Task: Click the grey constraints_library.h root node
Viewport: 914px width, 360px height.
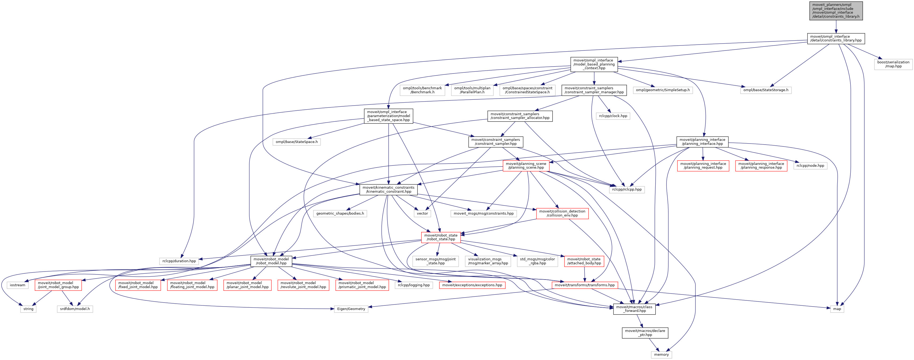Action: click(836, 11)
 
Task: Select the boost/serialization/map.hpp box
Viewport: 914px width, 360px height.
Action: click(893, 64)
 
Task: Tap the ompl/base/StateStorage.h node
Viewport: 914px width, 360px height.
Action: click(766, 90)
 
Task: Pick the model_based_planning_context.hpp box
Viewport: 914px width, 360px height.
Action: click(594, 64)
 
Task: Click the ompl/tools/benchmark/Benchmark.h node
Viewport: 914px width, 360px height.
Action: click(422, 90)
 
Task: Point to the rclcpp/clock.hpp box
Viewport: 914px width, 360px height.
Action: click(613, 116)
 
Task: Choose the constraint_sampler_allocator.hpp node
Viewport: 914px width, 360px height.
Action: click(520, 116)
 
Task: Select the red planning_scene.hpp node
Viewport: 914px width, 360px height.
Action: click(526, 166)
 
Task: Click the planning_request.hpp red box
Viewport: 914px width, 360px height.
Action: click(703, 166)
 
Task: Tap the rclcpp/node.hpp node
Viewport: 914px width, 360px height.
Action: click(810, 166)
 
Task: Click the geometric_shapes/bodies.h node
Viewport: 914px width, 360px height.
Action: click(340, 214)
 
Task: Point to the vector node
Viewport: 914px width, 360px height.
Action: click(422, 214)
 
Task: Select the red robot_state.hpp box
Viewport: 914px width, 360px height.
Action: click(441, 237)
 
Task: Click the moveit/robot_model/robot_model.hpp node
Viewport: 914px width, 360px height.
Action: click(271, 261)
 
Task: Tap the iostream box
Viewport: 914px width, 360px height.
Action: click(18, 285)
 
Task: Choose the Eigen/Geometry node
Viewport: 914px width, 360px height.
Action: click(351, 309)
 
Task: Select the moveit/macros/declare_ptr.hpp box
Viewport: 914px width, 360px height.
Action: click(645, 333)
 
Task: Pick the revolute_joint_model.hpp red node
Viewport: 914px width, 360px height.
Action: click(303, 285)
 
